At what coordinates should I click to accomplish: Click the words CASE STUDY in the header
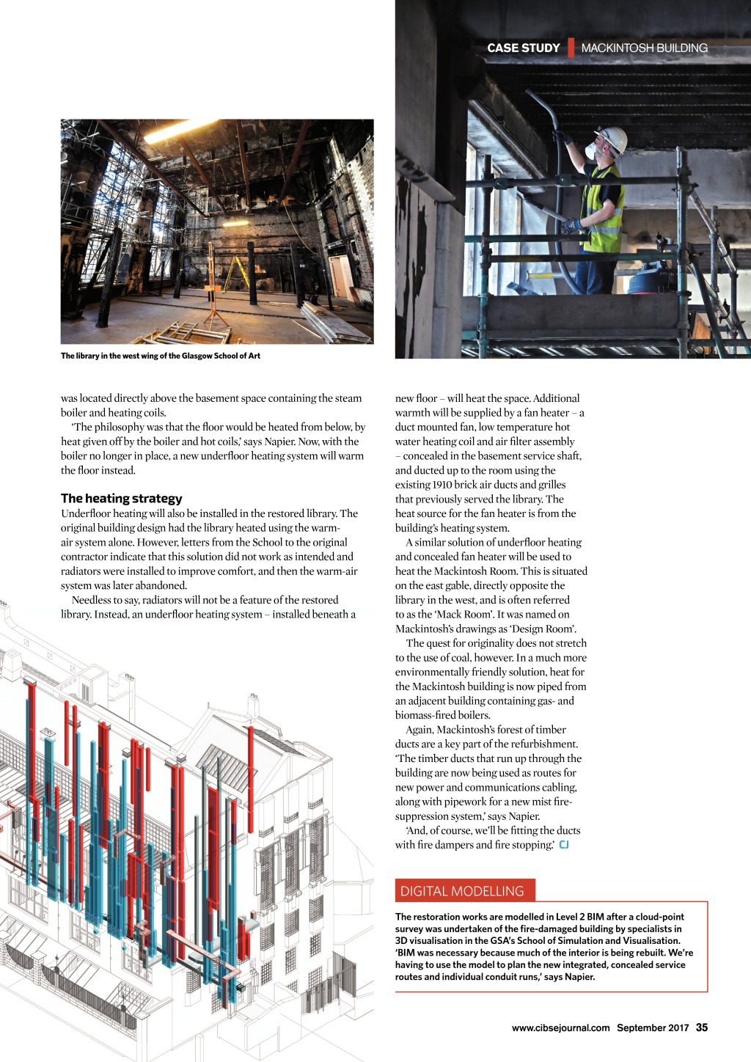[523, 48]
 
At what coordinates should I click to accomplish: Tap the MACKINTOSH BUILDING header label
[644, 48]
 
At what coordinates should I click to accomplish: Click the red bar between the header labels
[571, 48]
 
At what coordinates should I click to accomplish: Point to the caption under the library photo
[160, 356]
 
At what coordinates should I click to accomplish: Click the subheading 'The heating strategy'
[121, 498]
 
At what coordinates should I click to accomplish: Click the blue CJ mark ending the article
[564, 845]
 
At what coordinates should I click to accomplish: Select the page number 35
[702, 1028]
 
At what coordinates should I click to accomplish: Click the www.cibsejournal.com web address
[560, 1028]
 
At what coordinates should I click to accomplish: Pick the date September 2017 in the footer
[653, 1028]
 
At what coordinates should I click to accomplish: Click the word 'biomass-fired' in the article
[425, 715]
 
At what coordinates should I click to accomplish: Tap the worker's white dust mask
[590, 152]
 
